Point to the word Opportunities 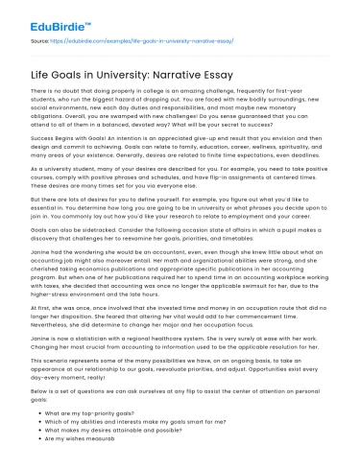point(231,358)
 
